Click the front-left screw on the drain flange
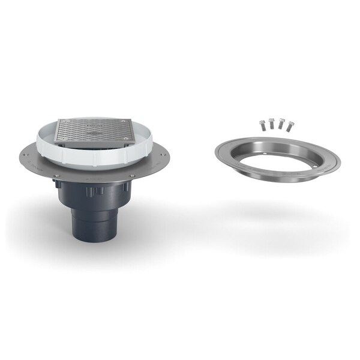pos(58,175)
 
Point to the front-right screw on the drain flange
pos(131,175)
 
